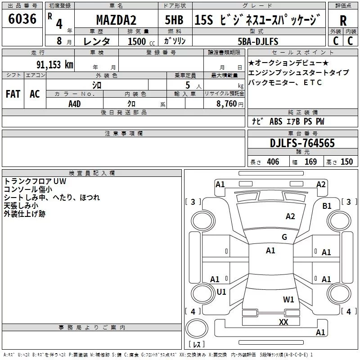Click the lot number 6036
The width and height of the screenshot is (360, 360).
coord(22,19)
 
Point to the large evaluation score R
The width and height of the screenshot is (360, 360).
coord(343,20)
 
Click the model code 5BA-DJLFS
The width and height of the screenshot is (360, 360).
coord(258,41)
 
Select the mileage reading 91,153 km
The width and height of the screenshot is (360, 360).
coord(54,64)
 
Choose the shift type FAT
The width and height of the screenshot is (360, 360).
coord(13,94)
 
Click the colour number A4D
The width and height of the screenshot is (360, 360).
coord(74,103)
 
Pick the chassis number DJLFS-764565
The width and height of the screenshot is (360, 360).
coord(302,143)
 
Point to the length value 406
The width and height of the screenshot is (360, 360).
coord(273,162)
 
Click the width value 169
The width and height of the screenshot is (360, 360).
coord(310,162)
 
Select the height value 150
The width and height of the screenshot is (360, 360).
coord(346,162)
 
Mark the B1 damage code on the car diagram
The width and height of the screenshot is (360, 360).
coord(327,206)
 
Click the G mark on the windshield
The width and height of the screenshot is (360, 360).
coord(284,237)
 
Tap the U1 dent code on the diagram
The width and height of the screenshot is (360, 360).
coord(221,292)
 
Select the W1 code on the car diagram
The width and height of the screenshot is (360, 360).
coord(288,299)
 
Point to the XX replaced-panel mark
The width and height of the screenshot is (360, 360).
coord(283,322)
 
